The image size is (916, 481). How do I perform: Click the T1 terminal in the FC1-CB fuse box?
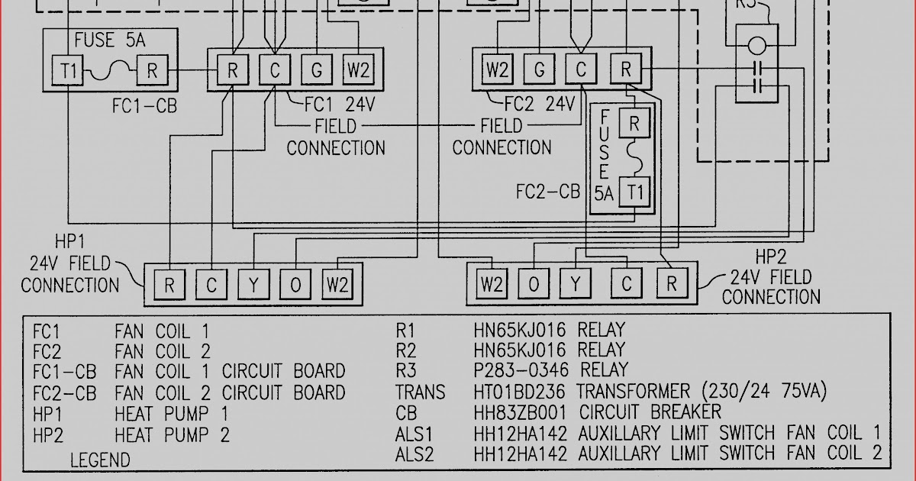click(x=69, y=71)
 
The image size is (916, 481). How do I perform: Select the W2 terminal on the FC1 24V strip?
click(x=357, y=71)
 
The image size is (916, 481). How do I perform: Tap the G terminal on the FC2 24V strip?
click(x=539, y=70)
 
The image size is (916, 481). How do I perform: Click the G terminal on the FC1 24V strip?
click(x=315, y=71)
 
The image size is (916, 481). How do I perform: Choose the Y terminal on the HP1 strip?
click(x=253, y=286)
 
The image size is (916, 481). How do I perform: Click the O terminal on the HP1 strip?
click(x=295, y=286)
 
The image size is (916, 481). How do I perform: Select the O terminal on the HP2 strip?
click(x=534, y=285)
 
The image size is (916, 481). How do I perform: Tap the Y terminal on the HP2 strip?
click(x=576, y=285)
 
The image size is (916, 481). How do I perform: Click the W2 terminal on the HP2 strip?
click(x=492, y=285)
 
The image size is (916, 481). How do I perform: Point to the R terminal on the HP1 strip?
click(x=169, y=286)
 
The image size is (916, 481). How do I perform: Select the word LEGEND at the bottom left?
click(x=100, y=460)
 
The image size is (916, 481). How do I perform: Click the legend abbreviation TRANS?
click(x=420, y=392)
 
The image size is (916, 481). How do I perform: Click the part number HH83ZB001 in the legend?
click(x=523, y=412)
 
